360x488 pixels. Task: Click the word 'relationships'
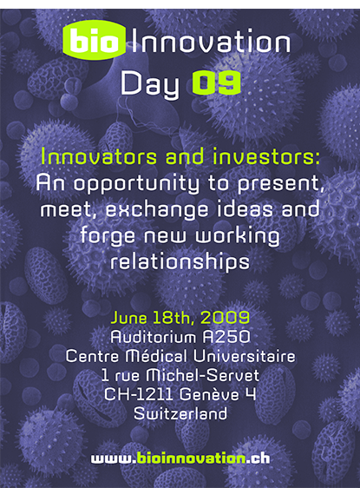180,260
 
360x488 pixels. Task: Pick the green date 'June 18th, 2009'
180,316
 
